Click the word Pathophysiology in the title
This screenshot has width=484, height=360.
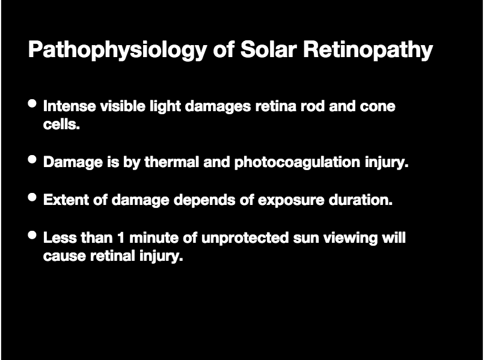coord(118,50)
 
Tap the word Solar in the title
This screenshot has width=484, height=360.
coord(269,49)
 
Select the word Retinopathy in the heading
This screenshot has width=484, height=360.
coord(368,50)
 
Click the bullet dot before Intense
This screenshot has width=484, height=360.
coord(32,103)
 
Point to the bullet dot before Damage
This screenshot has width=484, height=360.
coord(32,159)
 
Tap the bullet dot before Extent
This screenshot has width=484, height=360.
coord(32,197)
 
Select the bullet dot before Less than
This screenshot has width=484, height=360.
coord(32,235)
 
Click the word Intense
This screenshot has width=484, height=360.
coord(70,106)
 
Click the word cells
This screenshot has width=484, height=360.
coord(61,124)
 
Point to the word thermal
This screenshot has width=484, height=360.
coord(171,162)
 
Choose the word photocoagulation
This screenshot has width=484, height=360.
coord(297,162)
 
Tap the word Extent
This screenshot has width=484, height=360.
coord(66,200)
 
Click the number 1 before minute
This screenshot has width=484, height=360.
coord(121,238)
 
